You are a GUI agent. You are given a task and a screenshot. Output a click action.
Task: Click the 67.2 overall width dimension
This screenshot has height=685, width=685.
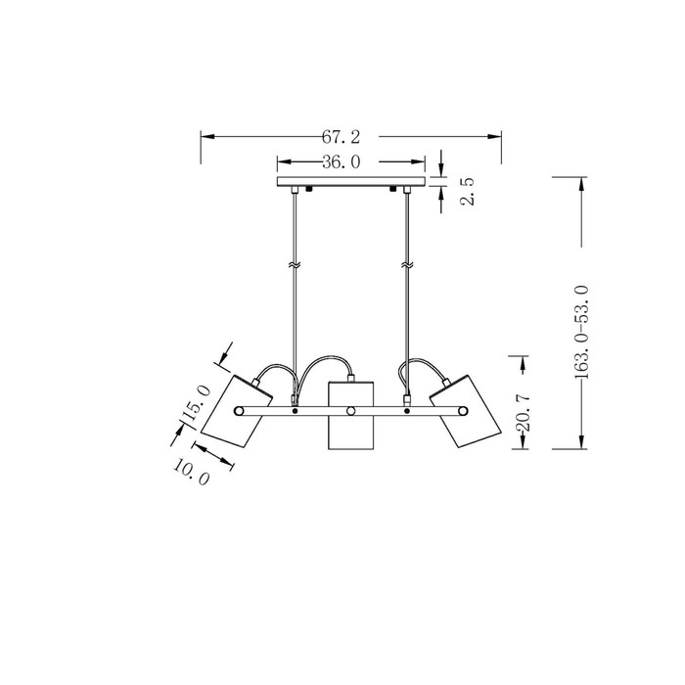point(342,137)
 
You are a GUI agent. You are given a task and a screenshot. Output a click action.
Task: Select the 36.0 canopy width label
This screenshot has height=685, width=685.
point(342,162)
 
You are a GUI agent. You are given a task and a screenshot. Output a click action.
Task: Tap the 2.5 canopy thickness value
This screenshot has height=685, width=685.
point(467,192)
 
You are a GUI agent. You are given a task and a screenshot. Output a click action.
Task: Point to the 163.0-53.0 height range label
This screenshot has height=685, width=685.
point(581,333)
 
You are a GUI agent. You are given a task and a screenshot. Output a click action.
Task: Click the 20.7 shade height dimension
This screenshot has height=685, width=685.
point(523,412)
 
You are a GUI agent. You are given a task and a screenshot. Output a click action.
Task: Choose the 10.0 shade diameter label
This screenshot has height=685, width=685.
point(192,472)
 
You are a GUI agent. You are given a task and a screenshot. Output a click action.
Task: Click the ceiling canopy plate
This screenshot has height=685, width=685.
point(351,181)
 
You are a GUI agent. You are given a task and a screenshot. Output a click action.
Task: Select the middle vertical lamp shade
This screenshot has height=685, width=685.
point(350,416)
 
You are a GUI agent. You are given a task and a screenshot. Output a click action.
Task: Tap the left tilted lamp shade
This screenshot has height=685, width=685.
point(237,411)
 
